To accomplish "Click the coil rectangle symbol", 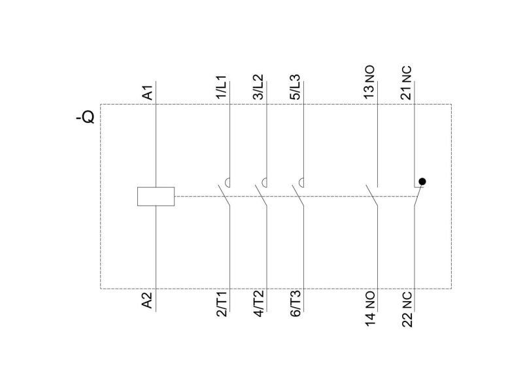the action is (156, 197).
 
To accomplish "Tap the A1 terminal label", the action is (148, 92).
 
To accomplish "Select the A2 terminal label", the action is (147, 301).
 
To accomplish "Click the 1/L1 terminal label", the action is (222, 88).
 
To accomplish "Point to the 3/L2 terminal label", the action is (258, 87).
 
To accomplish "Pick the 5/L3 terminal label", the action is (295, 87).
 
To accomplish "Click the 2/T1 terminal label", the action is (222, 304).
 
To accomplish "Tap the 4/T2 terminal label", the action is (258, 304).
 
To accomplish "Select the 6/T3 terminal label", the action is (295, 304).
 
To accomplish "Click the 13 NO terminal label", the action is (369, 82).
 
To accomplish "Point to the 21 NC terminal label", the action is (406, 83).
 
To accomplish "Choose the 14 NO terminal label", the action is (369, 308).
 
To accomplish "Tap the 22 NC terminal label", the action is (407, 310).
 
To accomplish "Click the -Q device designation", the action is (86, 117).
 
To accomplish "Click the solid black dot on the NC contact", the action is (422, 182).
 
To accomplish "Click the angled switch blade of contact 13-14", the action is (371, 195).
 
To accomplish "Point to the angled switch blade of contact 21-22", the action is (419, 195).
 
